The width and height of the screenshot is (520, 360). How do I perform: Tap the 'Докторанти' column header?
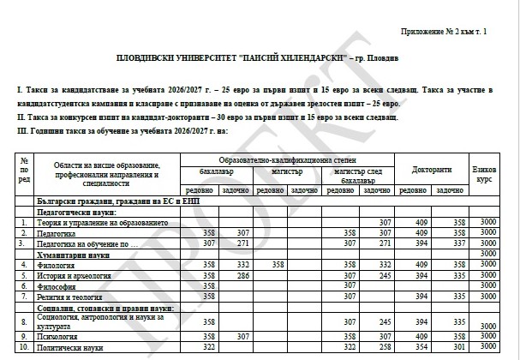[x=431, y=170]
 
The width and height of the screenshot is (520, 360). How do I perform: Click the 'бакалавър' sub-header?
[x=215, y=171]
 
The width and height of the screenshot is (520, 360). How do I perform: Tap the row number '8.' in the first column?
[x=24, y=321]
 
